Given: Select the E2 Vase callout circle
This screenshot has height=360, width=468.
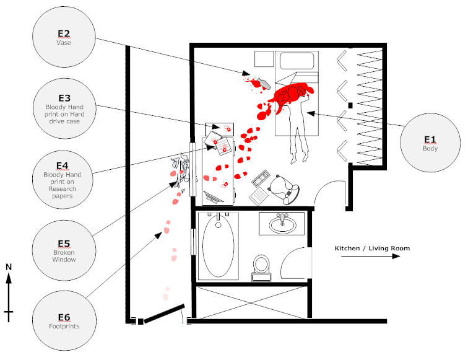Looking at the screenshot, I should pos(64,38).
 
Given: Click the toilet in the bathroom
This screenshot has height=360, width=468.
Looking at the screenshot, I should pos(261,267).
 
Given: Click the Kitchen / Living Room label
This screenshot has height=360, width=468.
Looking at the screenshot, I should pos(372,248).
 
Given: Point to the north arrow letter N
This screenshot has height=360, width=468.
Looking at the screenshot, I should pos(9,267).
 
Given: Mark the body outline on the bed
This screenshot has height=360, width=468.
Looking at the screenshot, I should pos(297,124).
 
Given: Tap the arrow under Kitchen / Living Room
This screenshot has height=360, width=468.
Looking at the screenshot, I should pos(372,257).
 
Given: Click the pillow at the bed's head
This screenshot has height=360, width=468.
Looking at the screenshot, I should pos(297,61).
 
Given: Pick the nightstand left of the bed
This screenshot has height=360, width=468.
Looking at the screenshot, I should pos(264,59).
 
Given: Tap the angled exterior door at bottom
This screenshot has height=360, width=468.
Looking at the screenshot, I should pos(165,312).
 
